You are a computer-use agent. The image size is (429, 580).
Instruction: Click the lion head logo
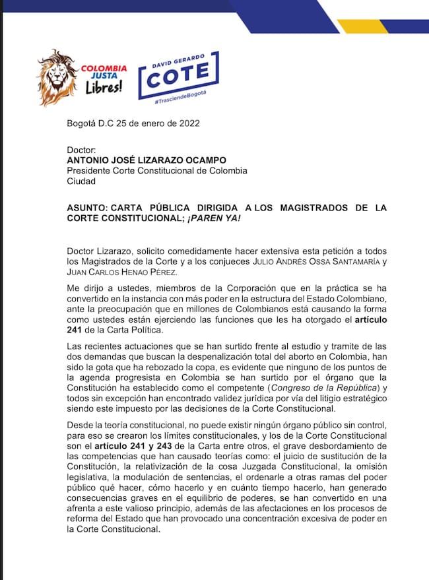coord(57,78)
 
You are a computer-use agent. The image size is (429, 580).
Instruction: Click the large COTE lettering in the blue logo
coord(178,78)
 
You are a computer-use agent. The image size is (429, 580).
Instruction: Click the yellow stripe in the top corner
coord(362,26)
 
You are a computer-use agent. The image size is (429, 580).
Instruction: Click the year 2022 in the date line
coord(187,123)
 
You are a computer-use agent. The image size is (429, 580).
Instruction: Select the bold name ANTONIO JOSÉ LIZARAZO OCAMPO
coord(147,160)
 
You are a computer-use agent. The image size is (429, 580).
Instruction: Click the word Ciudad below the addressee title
coord(81,181)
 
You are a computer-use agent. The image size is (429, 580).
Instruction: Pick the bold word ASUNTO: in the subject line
coord(87,208)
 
